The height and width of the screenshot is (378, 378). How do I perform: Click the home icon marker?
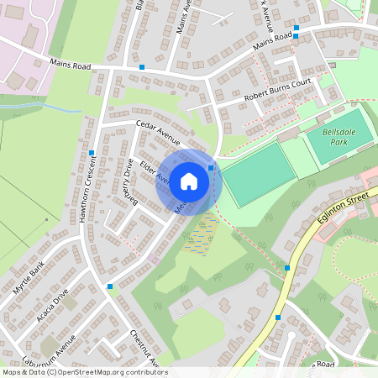click(x=189, y=181)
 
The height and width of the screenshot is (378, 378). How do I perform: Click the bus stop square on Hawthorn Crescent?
click(x=90, y=153)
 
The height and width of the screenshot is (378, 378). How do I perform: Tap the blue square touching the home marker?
click(x=211, y=168)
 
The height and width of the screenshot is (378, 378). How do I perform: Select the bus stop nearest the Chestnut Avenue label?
click(x=110, y=286)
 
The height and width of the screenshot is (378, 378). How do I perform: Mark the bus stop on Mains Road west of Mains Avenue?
click(x=142, y=66)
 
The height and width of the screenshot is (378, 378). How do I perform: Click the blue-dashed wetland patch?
click(x=199, y=237)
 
